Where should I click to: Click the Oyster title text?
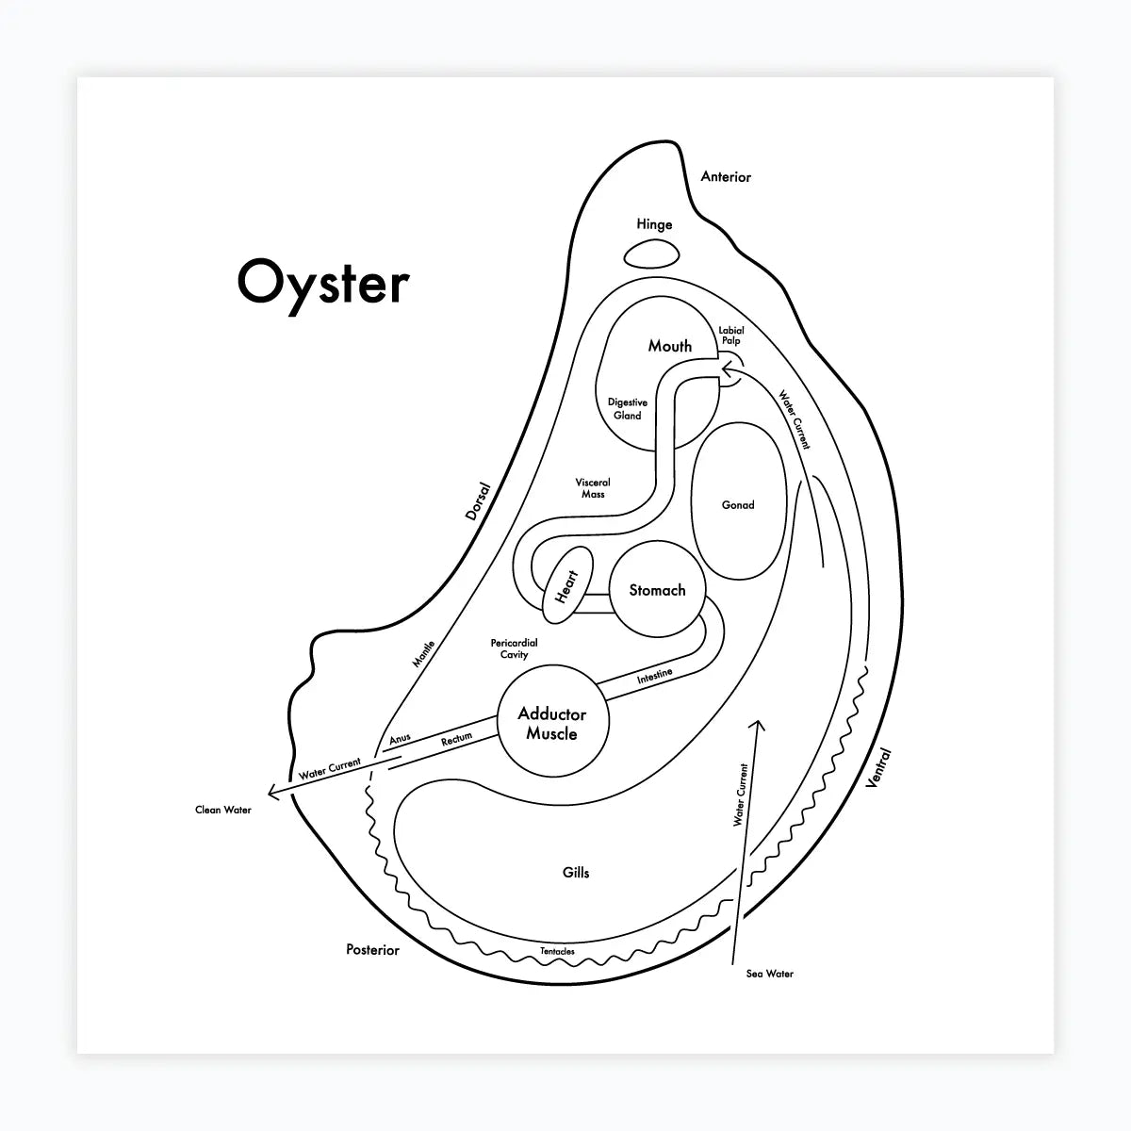click(323, 283)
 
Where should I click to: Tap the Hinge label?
click(654, 224)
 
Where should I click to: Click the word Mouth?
click(669, 346)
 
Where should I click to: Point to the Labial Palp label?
click(730, 336)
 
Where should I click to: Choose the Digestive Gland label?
click(627, 408)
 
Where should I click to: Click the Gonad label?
click(737, 505)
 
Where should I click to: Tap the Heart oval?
click(566, 586)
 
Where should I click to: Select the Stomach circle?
click(657, 590)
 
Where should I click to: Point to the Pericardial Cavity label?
click(514, 648)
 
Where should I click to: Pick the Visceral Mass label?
click(593, 488)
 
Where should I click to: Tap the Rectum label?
click(456, 741)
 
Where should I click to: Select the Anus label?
click(400, 740)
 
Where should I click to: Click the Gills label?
click(576, 873)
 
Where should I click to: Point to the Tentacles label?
click(557, 951)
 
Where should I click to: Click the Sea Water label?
click(769, 974)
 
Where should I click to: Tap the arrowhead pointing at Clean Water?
click(271, 793)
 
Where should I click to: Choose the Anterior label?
click(726, 176)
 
